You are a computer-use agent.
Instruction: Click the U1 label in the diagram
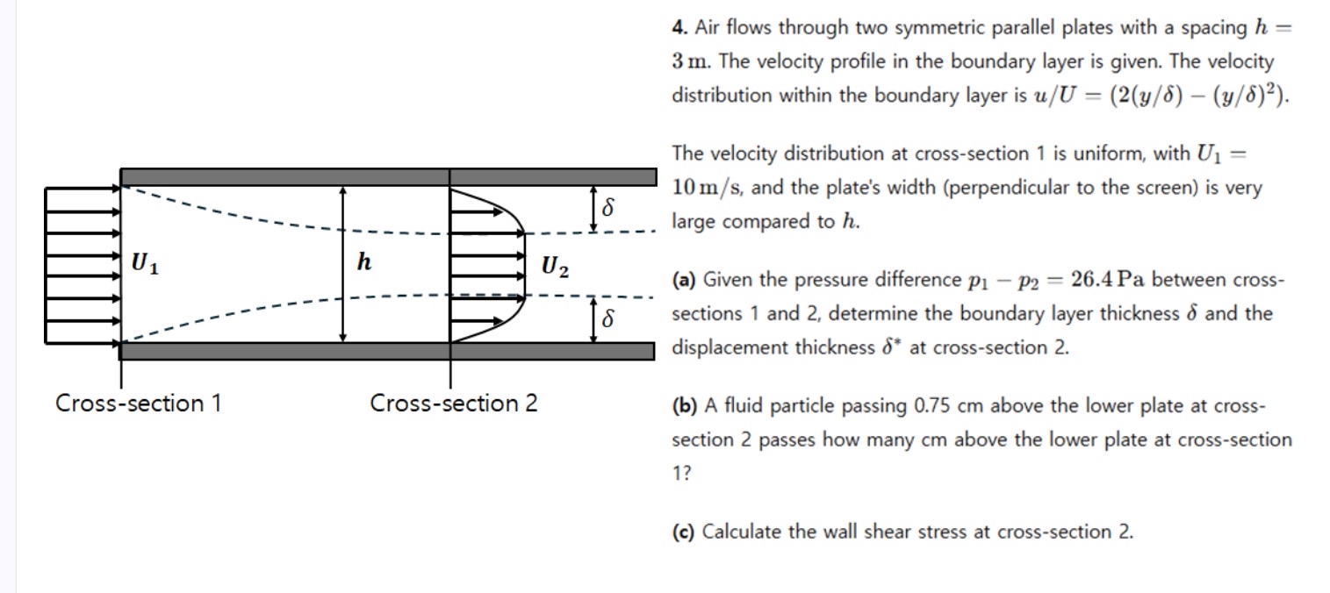pos(146,263)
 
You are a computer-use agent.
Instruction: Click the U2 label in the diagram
pos(554,266)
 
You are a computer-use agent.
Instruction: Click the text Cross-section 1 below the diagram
pos(138,404)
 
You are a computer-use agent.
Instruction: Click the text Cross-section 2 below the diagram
pos(453,404)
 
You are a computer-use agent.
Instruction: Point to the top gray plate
pos(386,176)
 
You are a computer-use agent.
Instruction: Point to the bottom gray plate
pos(386,352)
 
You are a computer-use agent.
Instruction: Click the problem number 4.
pos(679,28)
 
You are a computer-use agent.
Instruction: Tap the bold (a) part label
pos(684,281)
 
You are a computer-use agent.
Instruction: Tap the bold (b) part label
pos(685,406)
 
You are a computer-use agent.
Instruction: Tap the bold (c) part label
pos(684,532)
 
